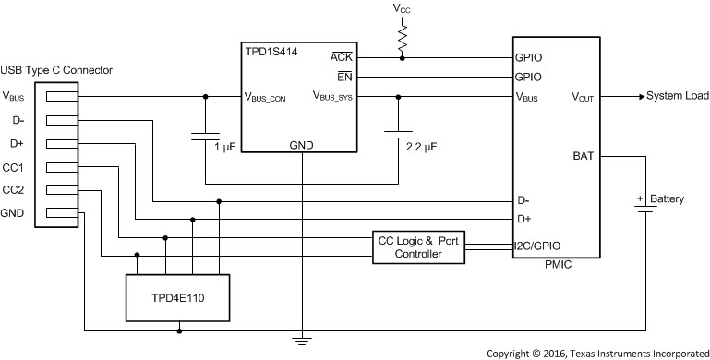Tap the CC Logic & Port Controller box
(x=419, y=246)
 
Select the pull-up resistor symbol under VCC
(x=403, y=36)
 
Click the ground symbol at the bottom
(x=300, y=342)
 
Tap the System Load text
(x=678, y=96)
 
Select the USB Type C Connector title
(x=56, y=71)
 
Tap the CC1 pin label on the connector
(x=14, y=167)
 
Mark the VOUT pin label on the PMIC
(x=583, y=96)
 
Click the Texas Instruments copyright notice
(x=597, y=353)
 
